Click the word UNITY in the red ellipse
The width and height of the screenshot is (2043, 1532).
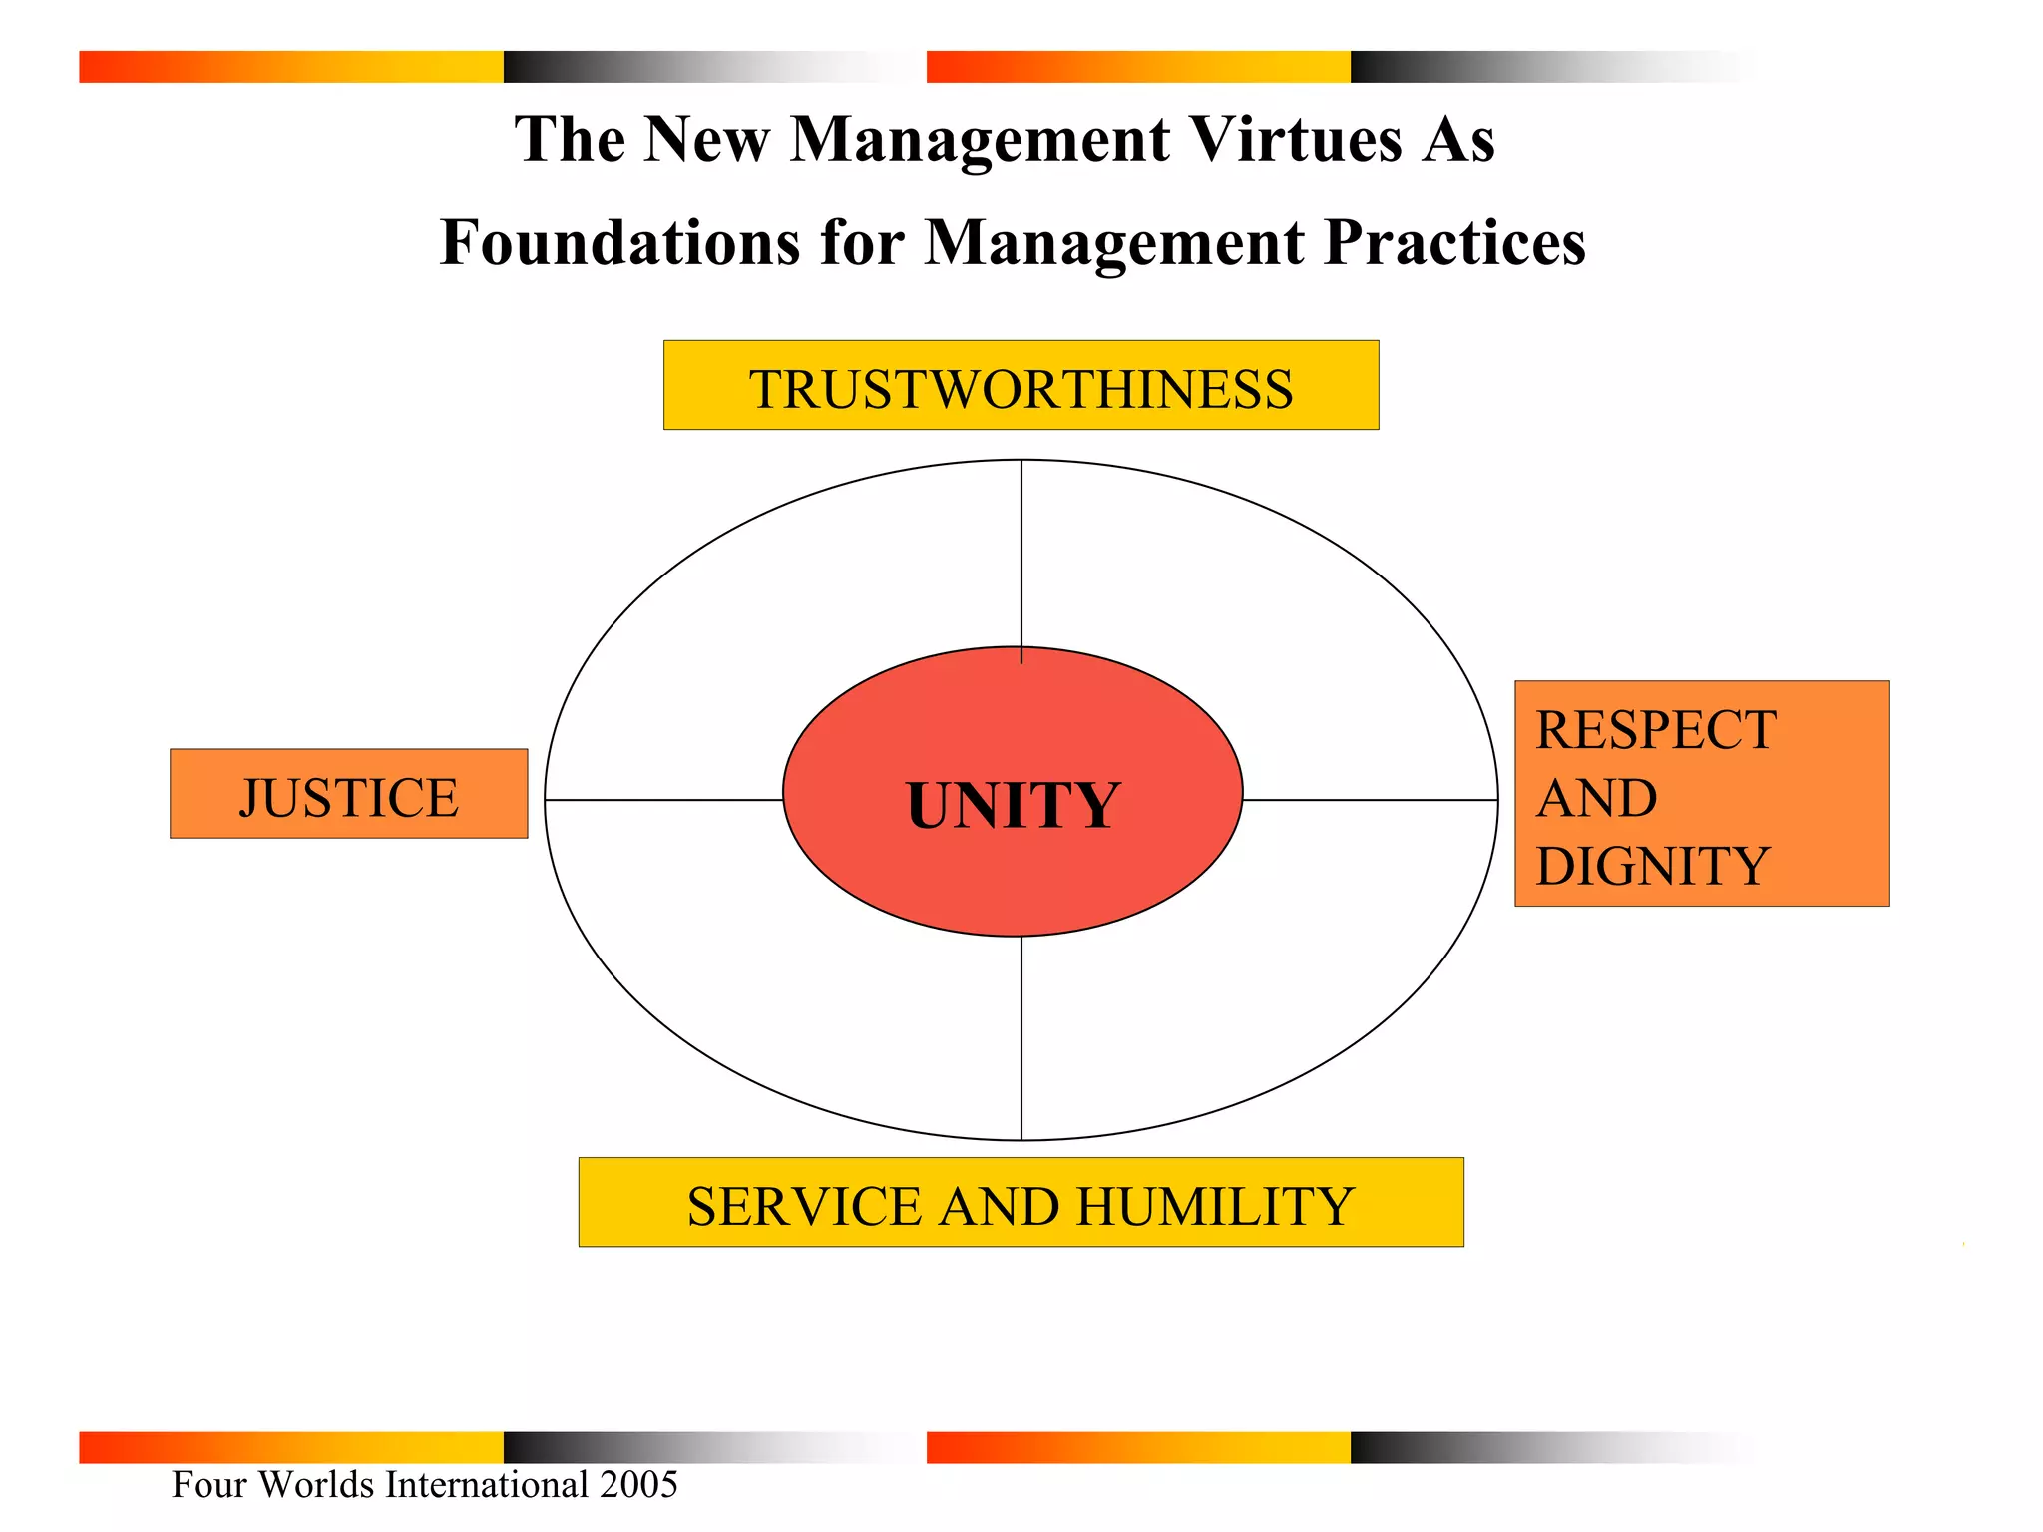click(x=1014, y=805)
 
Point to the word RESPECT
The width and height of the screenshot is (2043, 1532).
click(x=1656, y=730)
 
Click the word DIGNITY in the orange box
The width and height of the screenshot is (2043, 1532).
click(x=1652, y=866)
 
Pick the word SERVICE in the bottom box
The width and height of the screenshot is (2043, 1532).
click(x=804, y=1207)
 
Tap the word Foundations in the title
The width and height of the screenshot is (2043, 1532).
click(x=619, y=242)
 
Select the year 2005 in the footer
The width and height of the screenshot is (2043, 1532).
click(x=638, y=1484)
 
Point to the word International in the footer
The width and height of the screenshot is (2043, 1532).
click(x=487, y=1484)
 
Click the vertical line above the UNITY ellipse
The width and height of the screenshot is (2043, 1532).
click(x=1021, y=554)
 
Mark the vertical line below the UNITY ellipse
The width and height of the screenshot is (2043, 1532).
click(x=1021, y=1037)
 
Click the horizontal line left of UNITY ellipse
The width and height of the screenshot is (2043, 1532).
click(x=663, y=800)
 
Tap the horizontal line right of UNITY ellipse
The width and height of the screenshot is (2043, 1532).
click(x=1370, y=800)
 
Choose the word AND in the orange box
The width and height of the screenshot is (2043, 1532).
click(x=1596, y=798)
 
